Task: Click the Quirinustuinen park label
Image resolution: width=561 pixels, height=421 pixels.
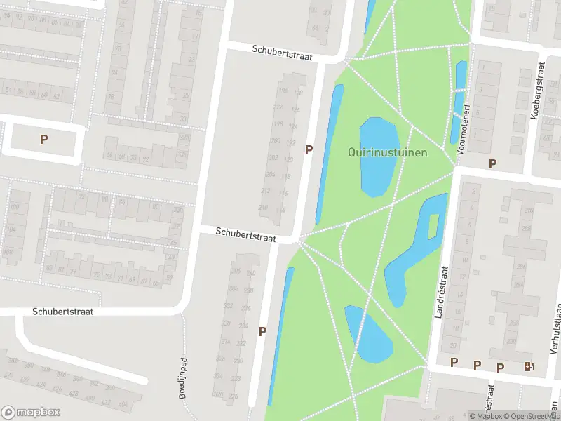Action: (x=387, y=152)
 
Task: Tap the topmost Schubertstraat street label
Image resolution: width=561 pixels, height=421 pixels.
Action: (x=282, y=52)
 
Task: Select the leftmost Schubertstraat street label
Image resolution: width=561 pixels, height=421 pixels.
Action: (x=62, y=311)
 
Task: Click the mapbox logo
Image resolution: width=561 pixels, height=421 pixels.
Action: (x=31, y=413)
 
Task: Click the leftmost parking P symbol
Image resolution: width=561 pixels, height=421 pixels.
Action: (x=43, y=139)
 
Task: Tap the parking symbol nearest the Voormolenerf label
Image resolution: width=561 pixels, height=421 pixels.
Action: (x=492, y=163)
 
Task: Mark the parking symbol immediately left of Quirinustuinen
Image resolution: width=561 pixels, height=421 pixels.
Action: (x=309, y=149)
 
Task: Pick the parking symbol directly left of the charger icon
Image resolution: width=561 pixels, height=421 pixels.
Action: (x=501, y=367)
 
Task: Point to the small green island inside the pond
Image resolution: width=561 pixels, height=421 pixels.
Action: (x=433, y=225)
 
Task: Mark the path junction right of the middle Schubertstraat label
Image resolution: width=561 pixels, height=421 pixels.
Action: (x=300, y=241)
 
